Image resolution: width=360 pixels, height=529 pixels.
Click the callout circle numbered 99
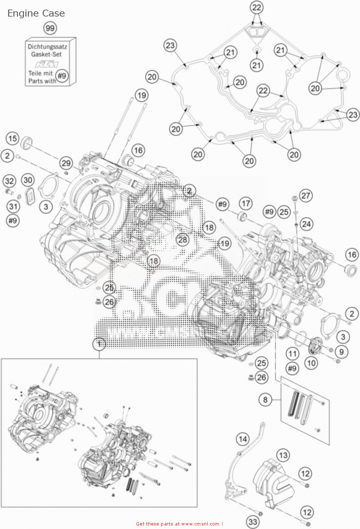[50, 28]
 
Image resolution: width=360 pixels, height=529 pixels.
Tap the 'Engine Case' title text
[36, 13]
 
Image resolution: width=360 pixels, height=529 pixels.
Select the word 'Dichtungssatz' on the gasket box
[47, 47]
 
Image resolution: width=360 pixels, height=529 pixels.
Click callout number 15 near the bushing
[13, 139]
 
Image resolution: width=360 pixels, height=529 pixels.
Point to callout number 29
[66, 163]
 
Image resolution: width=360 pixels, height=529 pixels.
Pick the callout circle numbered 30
[28, 180]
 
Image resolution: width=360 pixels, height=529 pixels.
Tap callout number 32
[10, 181]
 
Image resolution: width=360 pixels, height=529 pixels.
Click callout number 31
[13, 206]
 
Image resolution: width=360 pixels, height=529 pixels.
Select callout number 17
[246, 203]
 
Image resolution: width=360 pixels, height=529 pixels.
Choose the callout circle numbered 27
[306, 195]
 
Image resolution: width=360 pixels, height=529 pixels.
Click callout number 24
[306, 224]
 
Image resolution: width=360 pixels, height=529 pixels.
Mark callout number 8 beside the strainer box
[265, 400]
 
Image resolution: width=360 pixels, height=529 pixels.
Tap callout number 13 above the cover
[283, 455]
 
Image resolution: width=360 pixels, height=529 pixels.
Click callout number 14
[243, 439]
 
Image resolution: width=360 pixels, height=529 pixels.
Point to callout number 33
[253, 522]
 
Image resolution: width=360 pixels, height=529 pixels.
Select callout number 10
[311, 363]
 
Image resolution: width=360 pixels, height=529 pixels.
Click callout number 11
[292, 354]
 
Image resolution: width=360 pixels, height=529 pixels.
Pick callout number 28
[183, 240]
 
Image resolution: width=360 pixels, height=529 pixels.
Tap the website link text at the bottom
[179, 524]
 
